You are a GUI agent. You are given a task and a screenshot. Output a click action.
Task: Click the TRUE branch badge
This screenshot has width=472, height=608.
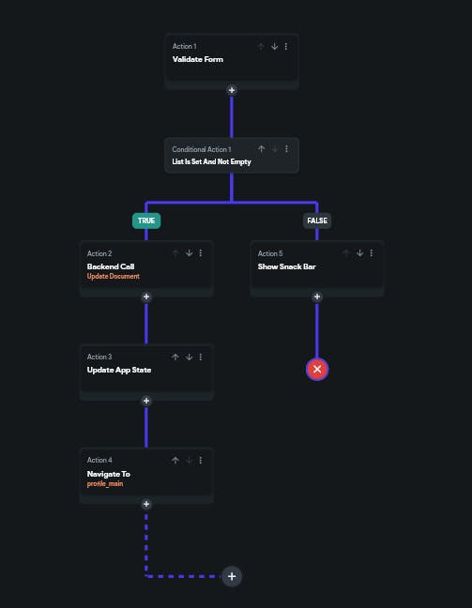[x=146, y=220]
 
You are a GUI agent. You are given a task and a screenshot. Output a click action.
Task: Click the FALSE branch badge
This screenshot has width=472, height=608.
[x=317, y=220]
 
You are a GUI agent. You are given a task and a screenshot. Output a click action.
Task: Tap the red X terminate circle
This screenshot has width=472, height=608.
[x=317, y=369]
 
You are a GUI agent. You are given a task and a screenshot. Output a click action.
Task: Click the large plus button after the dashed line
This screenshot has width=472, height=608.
[x=232, y=576]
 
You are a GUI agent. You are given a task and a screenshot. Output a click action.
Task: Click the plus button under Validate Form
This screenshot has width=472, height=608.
[x=232, y=90]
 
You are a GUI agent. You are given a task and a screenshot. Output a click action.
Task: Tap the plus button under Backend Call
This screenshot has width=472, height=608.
[x=146, y=296]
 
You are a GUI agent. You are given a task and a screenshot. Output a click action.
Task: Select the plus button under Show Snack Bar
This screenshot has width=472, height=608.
[x=317, y=296]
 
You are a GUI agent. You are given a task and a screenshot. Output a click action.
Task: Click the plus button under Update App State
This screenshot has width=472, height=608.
[x=146, y=401]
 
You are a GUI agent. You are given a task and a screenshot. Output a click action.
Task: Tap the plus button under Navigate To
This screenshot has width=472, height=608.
[x=146, y=504]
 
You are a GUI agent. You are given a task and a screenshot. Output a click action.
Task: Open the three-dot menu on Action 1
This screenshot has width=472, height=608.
[x=286, y=46]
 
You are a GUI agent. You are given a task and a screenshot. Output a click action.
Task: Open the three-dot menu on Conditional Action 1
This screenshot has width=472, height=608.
[x=286, y=149]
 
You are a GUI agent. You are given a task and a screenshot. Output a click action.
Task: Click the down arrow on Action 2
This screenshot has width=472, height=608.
[x=189, y=253]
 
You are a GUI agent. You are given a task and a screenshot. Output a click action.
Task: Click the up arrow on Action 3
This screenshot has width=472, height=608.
[x=175, y=357]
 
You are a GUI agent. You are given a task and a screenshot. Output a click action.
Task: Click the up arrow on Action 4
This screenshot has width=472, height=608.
[x=175, y=461]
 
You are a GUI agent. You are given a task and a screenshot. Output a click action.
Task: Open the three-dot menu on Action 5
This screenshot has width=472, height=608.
[x=372, y=253]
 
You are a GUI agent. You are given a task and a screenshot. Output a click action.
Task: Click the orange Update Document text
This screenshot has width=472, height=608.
[x=114, y=276]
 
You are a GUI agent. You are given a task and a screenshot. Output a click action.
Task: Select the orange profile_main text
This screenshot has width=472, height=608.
[x=105, y=483]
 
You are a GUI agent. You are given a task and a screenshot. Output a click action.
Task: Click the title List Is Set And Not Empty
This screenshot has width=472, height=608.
[x=211, y=161]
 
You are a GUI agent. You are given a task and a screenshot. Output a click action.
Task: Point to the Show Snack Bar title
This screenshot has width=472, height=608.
[x=286, y=266]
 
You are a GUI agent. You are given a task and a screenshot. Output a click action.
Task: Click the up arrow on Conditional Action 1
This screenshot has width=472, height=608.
[x=262, y=149]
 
